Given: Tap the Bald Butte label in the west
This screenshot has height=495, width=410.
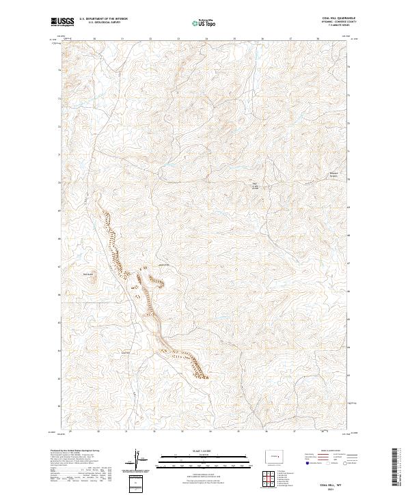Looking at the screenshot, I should point(87,274).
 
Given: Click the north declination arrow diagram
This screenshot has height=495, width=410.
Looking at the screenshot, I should point(137,462).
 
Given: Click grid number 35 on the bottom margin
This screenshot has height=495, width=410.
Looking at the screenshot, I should point(234,432).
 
